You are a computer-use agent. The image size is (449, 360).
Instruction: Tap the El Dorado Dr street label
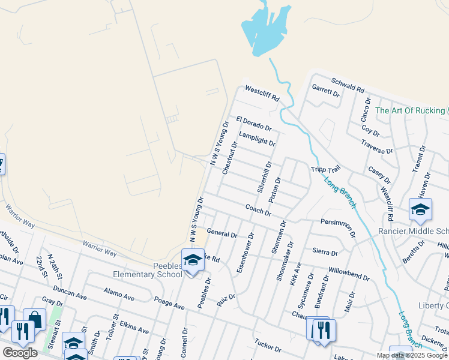[253, 124]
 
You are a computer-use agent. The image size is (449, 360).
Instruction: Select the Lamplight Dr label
[256, 139]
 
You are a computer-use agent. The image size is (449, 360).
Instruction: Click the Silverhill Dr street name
[265, 176]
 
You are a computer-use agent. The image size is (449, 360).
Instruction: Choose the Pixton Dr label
[275, 190]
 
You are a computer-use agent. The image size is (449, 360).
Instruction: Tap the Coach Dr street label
[259, 210]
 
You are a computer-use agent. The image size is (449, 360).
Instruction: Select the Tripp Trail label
[325, 170]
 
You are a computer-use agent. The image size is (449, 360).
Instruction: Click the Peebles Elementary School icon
[193, 260]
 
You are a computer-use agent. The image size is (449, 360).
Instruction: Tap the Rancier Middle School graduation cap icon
[420, 209]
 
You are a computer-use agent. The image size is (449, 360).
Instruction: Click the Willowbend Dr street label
[349, 275]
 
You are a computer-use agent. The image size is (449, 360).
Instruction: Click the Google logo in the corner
[20, 353]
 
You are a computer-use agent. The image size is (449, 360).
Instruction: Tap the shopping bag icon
[34, 319]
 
